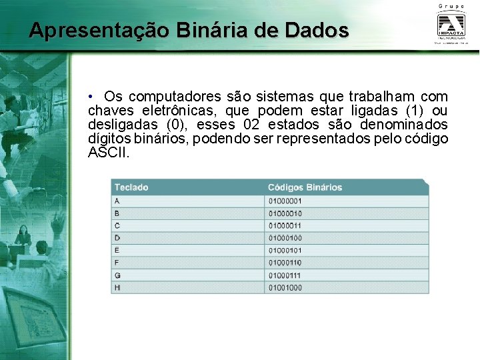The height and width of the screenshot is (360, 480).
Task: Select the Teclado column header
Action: pyautogui.click(x=131, y=187)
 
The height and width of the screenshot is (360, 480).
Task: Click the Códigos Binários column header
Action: pyautogui.click(x=305, y=187)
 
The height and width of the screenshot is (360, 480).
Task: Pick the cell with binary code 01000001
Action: pyautogui.click(x=285, y=201)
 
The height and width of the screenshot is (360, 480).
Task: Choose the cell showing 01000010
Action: pyautogui.click(x=285, y=213)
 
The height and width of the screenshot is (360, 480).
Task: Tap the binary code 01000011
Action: pyautogui.click(x=285, y=225)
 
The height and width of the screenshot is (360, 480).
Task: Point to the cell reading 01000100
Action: pyautogui.click(x=285, y=238)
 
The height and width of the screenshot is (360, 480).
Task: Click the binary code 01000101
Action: pyautogui.click(x=285, y=251)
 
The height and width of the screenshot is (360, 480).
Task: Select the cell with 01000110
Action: pyautogui.click(x=285, y=263)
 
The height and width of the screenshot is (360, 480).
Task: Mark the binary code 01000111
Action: pyautogui.click(x=285, y=275)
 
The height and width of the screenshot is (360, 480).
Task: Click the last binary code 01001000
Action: pyautogui.click(x=285, y=288)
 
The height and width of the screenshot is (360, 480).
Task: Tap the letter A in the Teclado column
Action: pyautogui.click(x=117, y=201)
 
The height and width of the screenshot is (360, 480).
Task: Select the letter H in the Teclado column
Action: pyautogui.click(x=117, y=288)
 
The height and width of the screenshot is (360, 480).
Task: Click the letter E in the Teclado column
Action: pyautogui.click(x=117, y=251)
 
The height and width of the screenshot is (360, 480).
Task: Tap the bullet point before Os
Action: pyautogui.click(x=95, y=97)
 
